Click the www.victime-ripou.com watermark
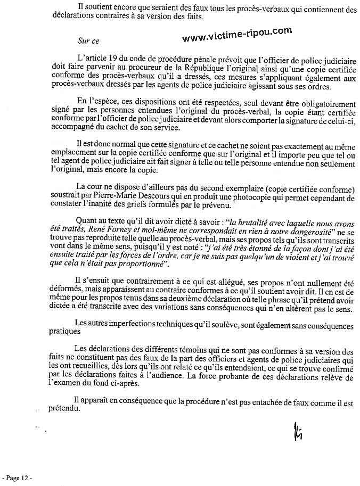(237, 35)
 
